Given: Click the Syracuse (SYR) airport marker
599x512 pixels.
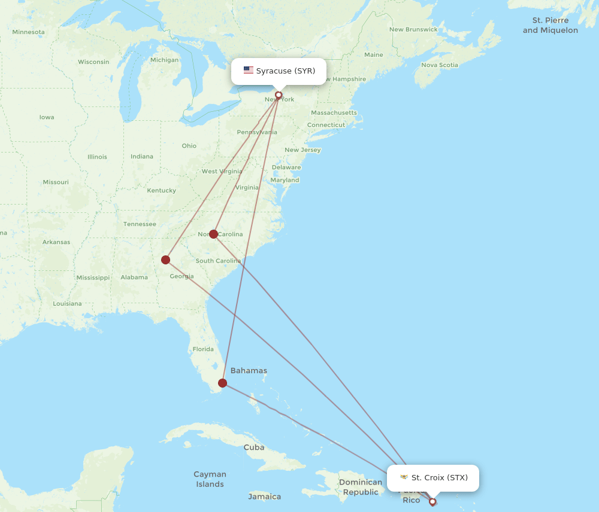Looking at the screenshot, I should pyautogui.click(x=279, y=95).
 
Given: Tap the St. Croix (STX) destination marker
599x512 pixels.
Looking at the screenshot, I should pyautogui.click(x=432, y=502).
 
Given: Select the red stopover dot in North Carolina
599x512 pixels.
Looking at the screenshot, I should pyautogui.click(x=213, y=234).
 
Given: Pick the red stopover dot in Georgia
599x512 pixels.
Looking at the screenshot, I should pyautogui.click(x=165, y=260).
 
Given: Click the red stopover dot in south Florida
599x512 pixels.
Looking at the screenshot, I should pyautogui.click(x=223, y=383).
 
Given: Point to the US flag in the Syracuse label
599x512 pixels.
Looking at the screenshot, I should pyautogui.click(x=249, y=71).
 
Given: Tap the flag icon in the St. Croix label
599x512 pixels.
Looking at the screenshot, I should pyautogui.click(x=404, y=477).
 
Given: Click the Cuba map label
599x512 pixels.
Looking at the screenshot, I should pyautogui.click(x=254, y=447).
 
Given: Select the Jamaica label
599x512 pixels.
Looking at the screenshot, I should pyautogui.click(x=265, y=496).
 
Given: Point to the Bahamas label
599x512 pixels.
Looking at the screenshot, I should pyautogui.click(x=249, y=371).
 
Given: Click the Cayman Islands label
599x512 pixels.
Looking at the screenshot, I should pyautogui.click(x=210, y=479).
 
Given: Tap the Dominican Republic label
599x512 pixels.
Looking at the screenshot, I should pyautogui.click(x=361, y=487).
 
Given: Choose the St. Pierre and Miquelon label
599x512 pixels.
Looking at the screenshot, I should pyautogui.click(x=550, y=25).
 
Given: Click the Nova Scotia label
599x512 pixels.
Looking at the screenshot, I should pyautogui.click(x=440, y=65).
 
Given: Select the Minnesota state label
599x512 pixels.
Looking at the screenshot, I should pyautogui.click(x=28, y=32).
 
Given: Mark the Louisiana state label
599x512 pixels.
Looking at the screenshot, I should pyautogui.click(x=67, y=303).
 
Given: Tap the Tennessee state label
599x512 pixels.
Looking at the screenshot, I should pyautogui.click(x=140, y=224).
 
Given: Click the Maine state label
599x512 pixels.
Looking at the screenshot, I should pyautogui.click(x=373, y=54).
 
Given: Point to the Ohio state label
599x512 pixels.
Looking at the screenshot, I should pyautogui.click(x=189, y=145).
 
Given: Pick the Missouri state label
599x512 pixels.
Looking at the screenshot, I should pyautogui.click(x=56, y=182).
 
